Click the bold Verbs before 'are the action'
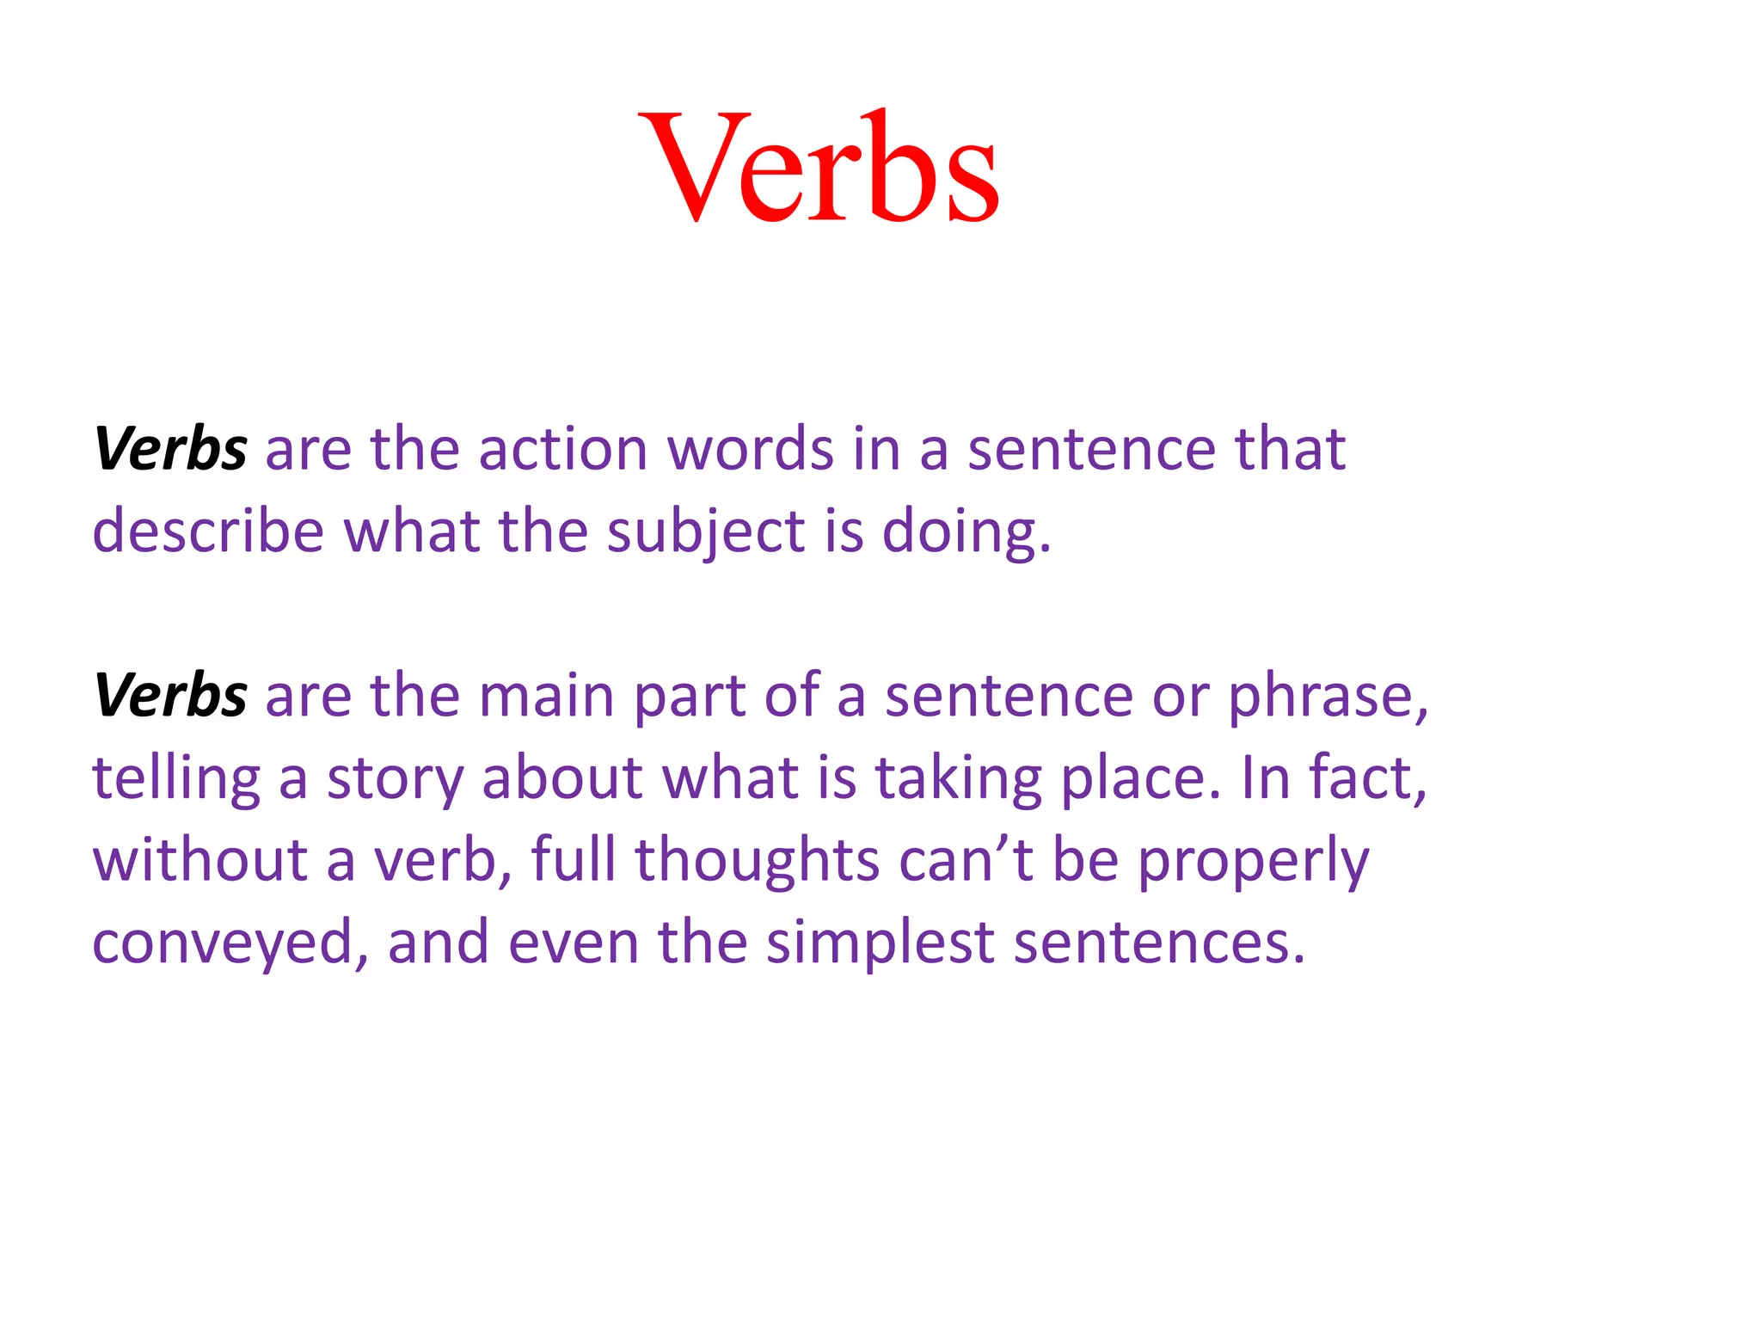tap(170, 449)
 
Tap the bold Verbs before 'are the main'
tap(170, 695)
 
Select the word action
tap(562, 449)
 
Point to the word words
tap(751, 449)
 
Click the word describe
tap(208, 531)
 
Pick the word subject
tap(706, 532)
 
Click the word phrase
tap(1328, 697)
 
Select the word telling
tap(176, 778)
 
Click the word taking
tap(959, 778)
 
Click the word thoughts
tap(757, 861)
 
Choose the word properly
tap(1253, 861)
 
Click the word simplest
tap(880, 943)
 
